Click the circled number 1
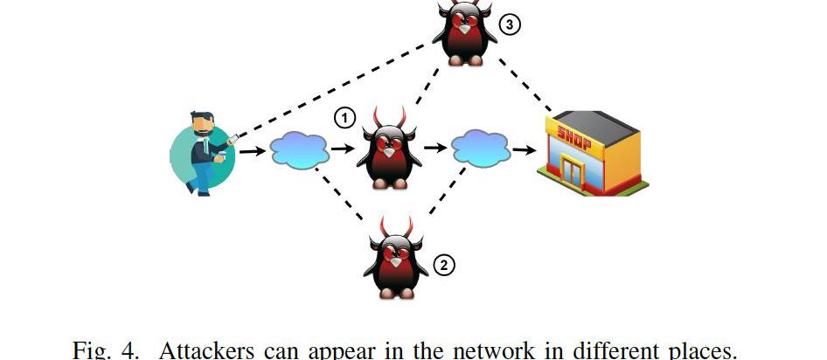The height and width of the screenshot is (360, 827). (346, 118)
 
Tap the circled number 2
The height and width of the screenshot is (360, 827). (445, 264)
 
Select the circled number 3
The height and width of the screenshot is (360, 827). (510, 24)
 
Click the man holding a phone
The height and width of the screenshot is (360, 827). (204, 153)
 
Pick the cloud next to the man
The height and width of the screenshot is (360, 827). (299, 150)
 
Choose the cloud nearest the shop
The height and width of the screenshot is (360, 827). (480, 149)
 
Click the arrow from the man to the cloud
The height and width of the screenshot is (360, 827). (253, 152)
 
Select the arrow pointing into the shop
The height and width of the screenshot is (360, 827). (525, 150)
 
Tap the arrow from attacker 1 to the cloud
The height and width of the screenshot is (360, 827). (434, 149)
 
